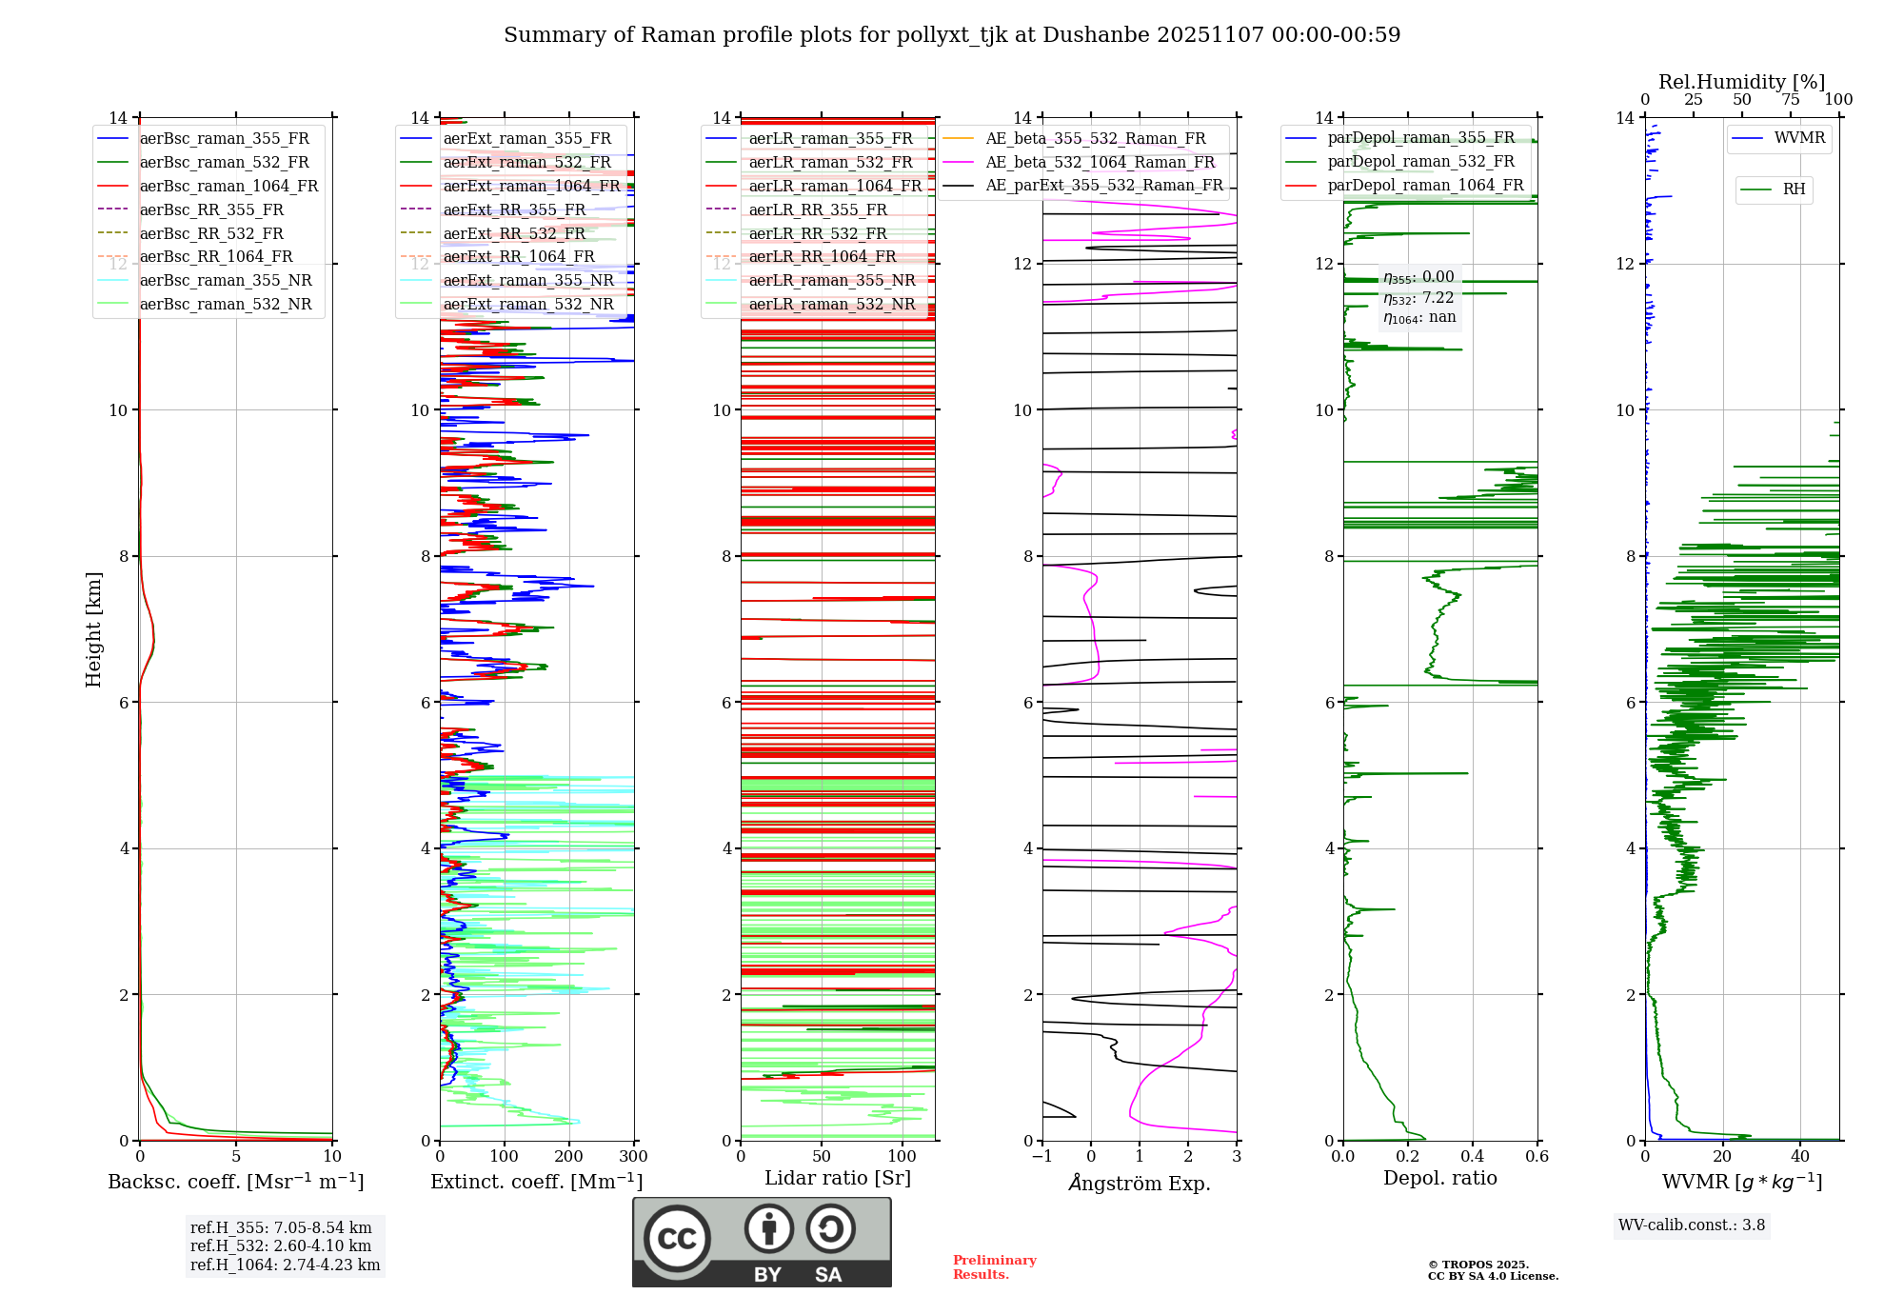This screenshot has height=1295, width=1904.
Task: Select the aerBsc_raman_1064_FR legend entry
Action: [228, 187]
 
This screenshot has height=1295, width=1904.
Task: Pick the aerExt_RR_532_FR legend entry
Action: [514, 233]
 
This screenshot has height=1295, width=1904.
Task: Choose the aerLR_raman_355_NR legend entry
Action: [831, 281]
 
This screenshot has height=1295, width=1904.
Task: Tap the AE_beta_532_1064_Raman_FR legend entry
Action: [1100, 162]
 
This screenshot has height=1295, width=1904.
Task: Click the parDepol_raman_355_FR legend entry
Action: [1420, 138]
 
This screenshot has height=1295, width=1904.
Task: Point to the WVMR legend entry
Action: [1799, 138]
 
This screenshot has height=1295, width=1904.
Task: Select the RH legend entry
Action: [1794, 189]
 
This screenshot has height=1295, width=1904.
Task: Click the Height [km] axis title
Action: [93, 629]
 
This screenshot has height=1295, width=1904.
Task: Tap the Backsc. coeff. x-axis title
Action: [235, 1182]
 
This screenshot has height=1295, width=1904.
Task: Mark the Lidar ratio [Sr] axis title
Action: [838, 1178]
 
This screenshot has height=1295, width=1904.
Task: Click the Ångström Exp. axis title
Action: [1140, 1183]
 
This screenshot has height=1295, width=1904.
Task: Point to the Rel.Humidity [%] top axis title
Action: [1741, 82]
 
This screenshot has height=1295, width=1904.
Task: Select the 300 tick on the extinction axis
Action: [633, 1157]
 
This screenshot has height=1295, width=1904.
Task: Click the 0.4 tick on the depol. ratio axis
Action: [1473, 1157]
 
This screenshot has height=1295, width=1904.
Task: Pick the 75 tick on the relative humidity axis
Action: [1791, 100]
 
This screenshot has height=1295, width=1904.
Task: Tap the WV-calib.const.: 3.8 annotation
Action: [1692, 1225]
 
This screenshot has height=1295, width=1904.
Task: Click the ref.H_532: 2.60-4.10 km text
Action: [281, 1245]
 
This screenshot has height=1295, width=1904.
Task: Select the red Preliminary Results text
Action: [994, 1267]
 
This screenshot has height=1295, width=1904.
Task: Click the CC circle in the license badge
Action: [677, 1239]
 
